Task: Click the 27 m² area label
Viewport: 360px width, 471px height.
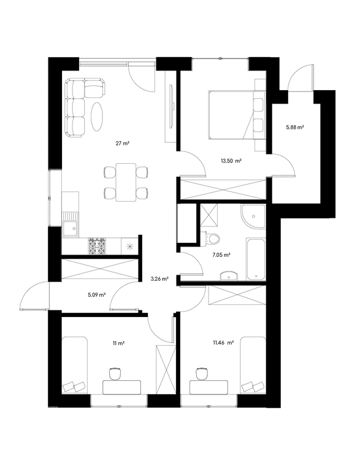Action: click(x=122, y=144)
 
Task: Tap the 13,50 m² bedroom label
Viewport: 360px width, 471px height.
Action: click(x=231, y=161)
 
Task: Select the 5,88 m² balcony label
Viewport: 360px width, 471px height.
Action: click(x=295, y=127)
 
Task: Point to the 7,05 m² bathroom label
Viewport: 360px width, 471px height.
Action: click(x=221, y=255)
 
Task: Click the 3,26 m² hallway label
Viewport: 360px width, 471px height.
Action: click(x=159, y=279)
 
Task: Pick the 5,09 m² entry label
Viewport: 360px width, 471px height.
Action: click(x=96, y=294)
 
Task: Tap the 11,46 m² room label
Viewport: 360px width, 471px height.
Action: click(x=223, y=342)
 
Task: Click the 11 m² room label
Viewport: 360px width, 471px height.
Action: click(x=119, y=343)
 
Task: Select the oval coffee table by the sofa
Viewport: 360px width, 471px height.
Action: click(x=98, y=117)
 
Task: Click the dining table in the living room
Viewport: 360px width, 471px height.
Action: click(x=126, y=182)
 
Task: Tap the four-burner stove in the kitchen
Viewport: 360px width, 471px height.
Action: click(x=97, y=247)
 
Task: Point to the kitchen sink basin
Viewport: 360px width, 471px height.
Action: click(x=71, y=229)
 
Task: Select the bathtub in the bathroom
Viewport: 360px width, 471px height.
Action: click(x=256, y=259)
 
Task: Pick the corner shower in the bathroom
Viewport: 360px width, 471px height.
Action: click(x=253, y=216)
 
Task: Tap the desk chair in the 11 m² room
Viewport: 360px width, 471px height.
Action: click(x=115, y=373)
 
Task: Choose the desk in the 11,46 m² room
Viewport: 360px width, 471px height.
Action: click(x=209, y=387)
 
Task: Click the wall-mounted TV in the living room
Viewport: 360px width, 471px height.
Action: click(x=172, y=106)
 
